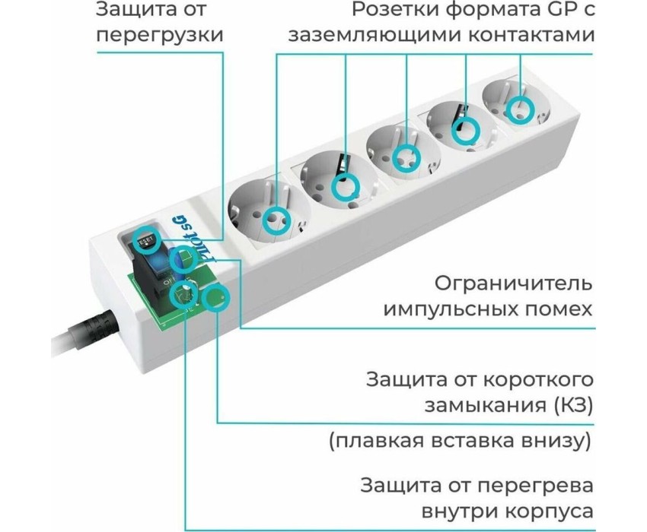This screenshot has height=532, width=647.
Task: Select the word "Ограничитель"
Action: coord(513,284)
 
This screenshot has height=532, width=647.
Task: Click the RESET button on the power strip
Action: coord(145,242)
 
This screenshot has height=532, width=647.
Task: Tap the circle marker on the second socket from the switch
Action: coord(346,184)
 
